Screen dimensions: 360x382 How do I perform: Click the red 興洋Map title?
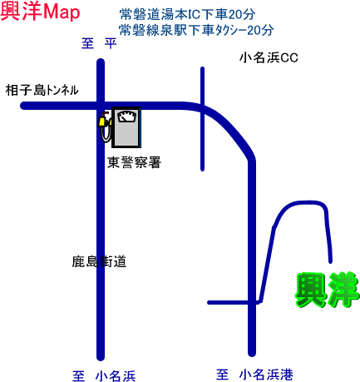tap(41, 12)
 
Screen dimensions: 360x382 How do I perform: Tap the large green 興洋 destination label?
tap(327, 290)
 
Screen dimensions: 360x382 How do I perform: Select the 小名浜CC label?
tap(269, 57)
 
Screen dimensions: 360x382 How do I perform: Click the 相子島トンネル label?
tap(42, 90)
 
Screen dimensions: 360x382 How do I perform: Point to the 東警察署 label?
tap(135, 162)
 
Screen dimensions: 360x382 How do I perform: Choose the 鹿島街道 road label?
tap(99, 261)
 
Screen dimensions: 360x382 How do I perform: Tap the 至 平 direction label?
tap(99, 43)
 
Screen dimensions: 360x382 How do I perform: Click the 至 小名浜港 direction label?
tap(254, 375)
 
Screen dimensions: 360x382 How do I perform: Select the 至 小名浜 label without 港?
tap(104, 376)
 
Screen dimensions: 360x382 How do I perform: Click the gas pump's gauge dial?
tap(127, 117)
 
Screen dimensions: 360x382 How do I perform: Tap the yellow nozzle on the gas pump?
tap(102, 122)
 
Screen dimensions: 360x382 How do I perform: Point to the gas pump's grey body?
tap(126, 127)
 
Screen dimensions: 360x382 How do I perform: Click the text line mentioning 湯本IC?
tap(187, 14)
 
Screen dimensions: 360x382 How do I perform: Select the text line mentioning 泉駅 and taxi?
tap(196, 30)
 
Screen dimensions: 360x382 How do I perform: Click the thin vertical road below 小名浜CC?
tap(202, 119)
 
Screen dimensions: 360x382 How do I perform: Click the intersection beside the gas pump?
tap(101, 106)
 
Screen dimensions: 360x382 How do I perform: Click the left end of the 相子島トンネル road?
tap(23, 106)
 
